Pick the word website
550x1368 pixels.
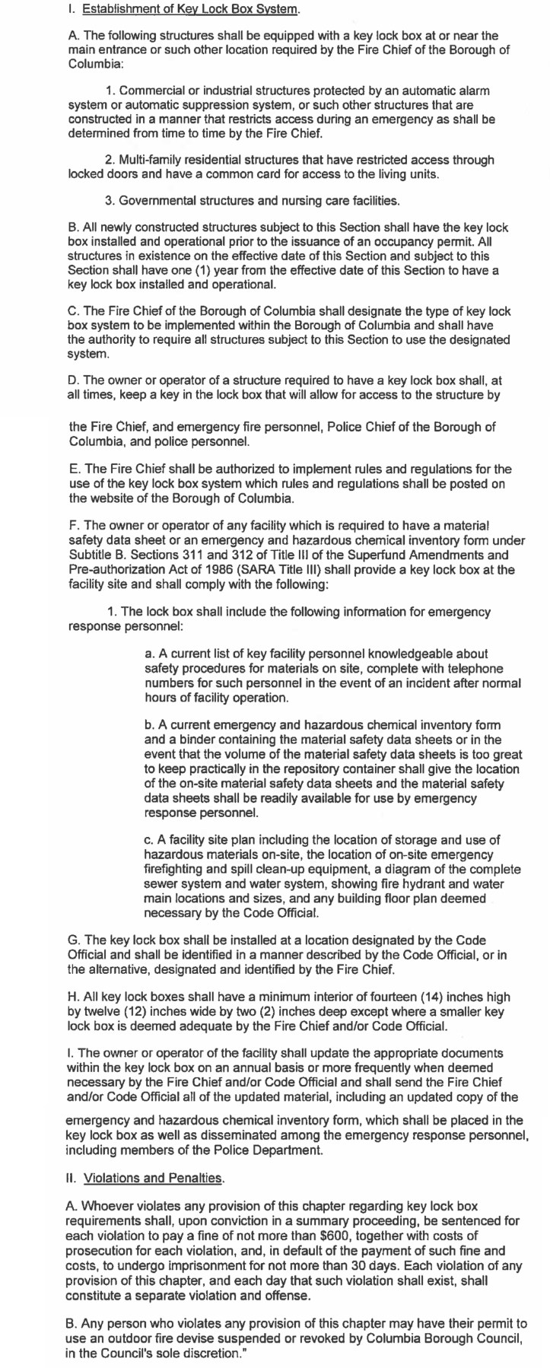tap(103, 498)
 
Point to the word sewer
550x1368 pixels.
tap(161, 884)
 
